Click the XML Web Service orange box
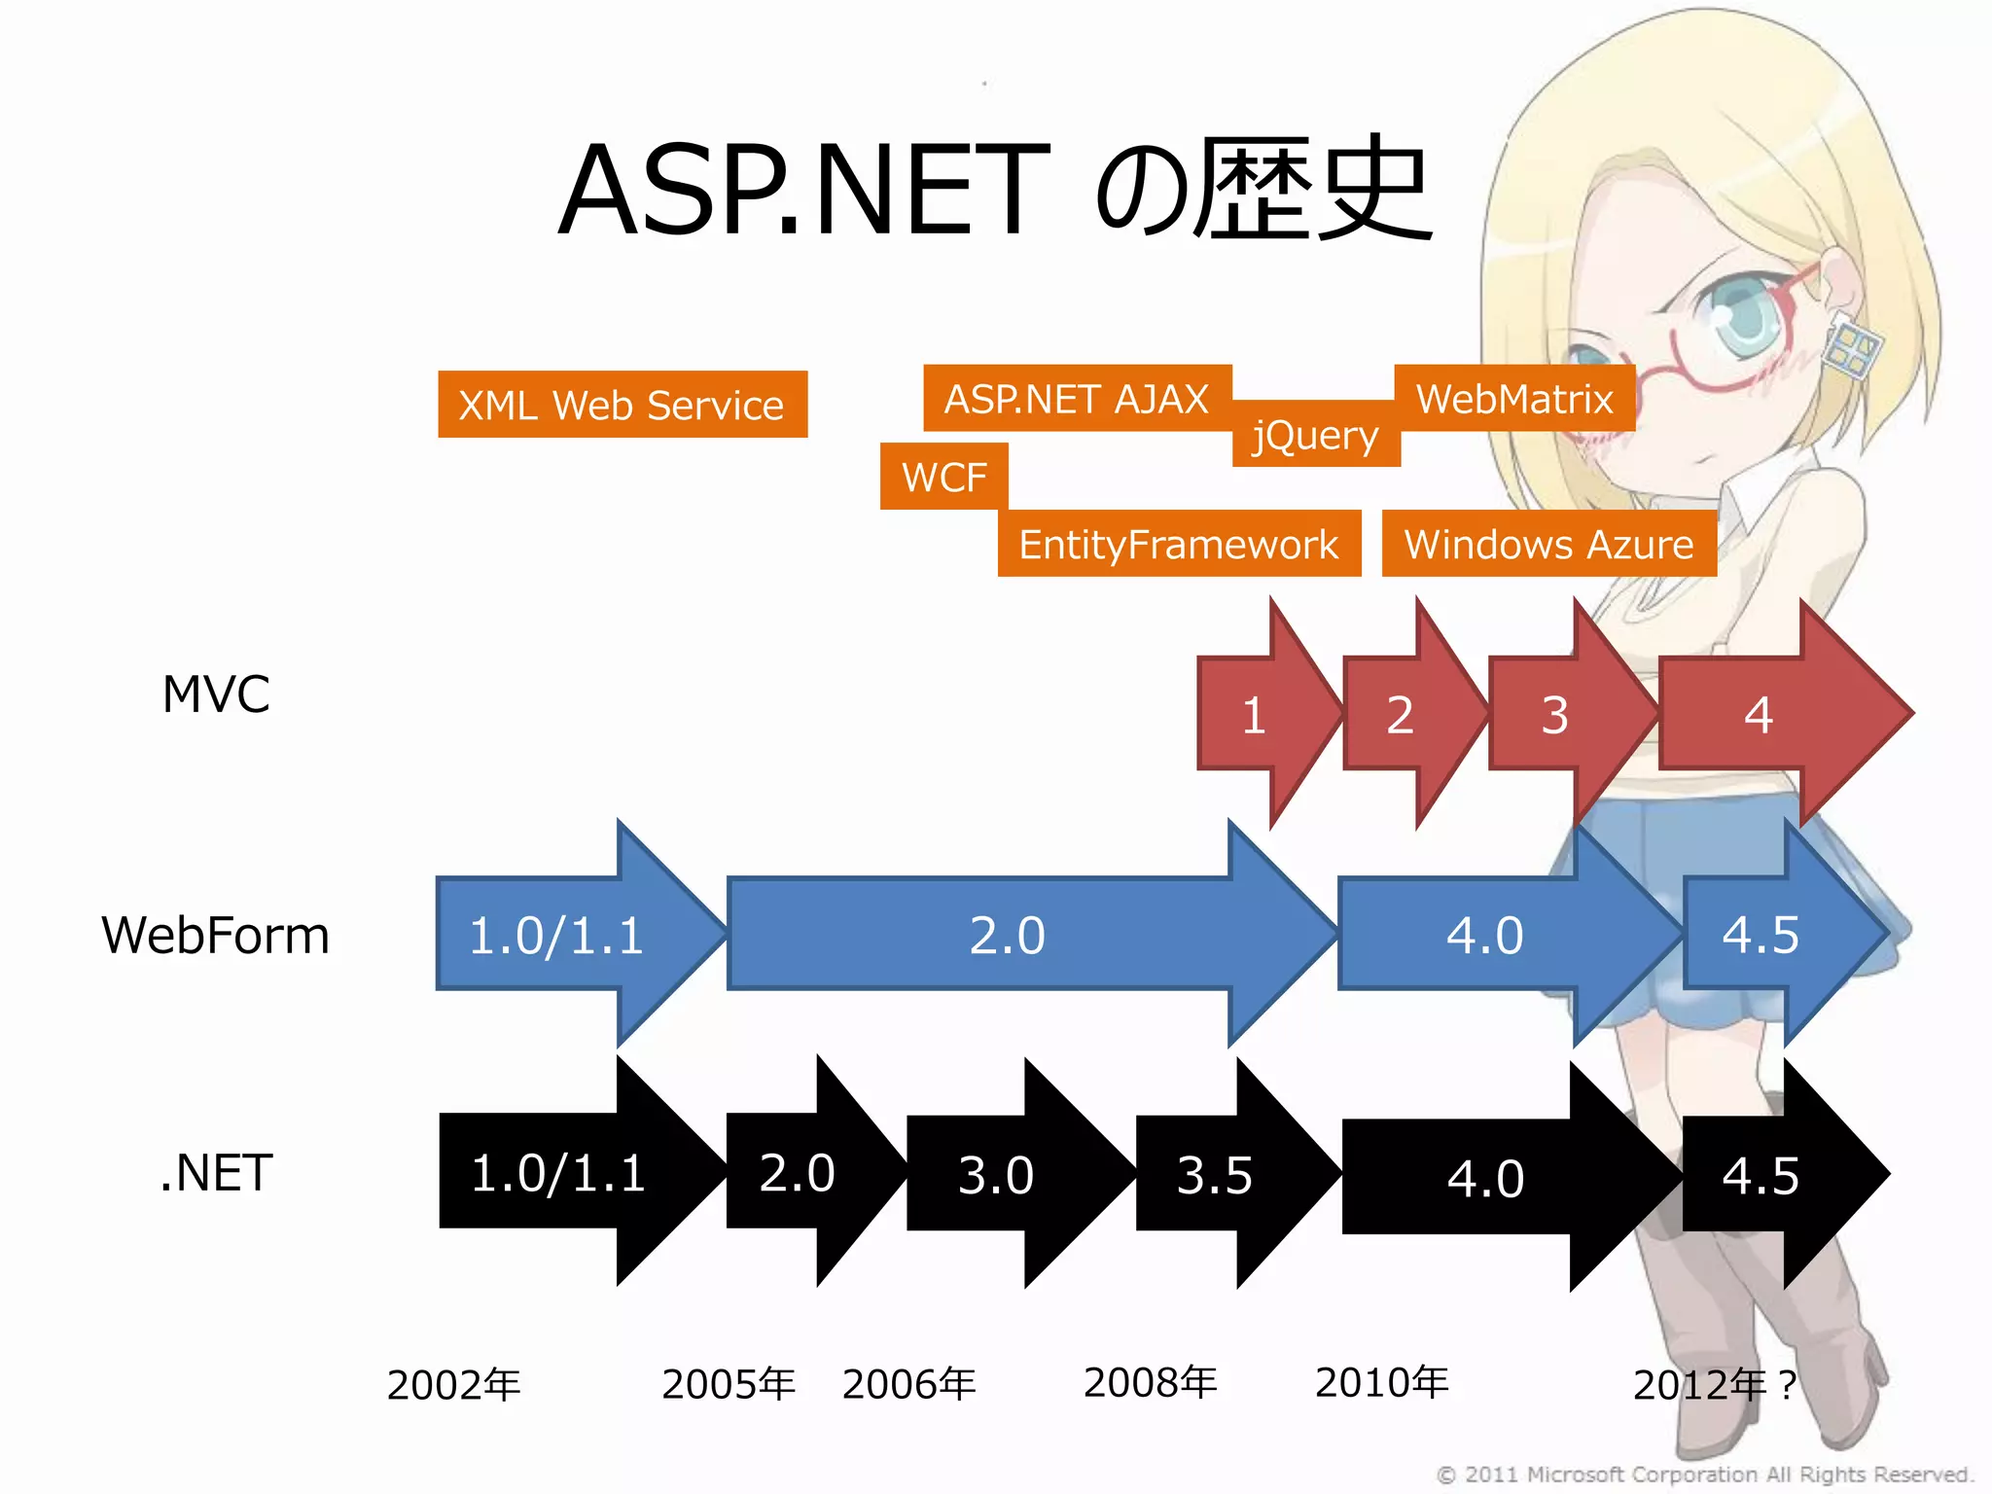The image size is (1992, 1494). (x=622, y=405)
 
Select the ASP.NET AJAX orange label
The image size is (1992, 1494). (x=1077, y=399)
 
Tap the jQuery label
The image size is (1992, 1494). (x=1315, y=436)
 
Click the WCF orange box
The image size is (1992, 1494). (x=943, y=477)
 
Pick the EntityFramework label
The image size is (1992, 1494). (x=1178, y=544)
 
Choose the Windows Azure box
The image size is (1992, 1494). (x=1548, y=544)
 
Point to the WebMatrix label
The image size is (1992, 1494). (x=1514, y=399)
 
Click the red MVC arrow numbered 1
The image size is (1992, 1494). (x=1255, y=715)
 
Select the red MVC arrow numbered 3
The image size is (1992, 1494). (x=1555, y=715)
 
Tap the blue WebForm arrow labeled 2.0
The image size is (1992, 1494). (x=1008, y=935)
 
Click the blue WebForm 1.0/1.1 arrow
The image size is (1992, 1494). (x=556, y=935)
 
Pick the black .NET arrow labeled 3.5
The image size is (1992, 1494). (x=1215, y=1174)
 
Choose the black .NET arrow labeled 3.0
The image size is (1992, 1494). (x=996, y=1174)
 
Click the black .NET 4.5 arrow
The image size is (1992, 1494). (x=1761, y=1174)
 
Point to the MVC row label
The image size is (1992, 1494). (x=216, y=694)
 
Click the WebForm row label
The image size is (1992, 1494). (x=216, y=935)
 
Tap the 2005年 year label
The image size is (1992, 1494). (x=729, y=1383)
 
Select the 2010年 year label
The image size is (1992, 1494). (x=1382, y=1381)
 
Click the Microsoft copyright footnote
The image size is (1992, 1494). (x=1703, y=1475)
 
